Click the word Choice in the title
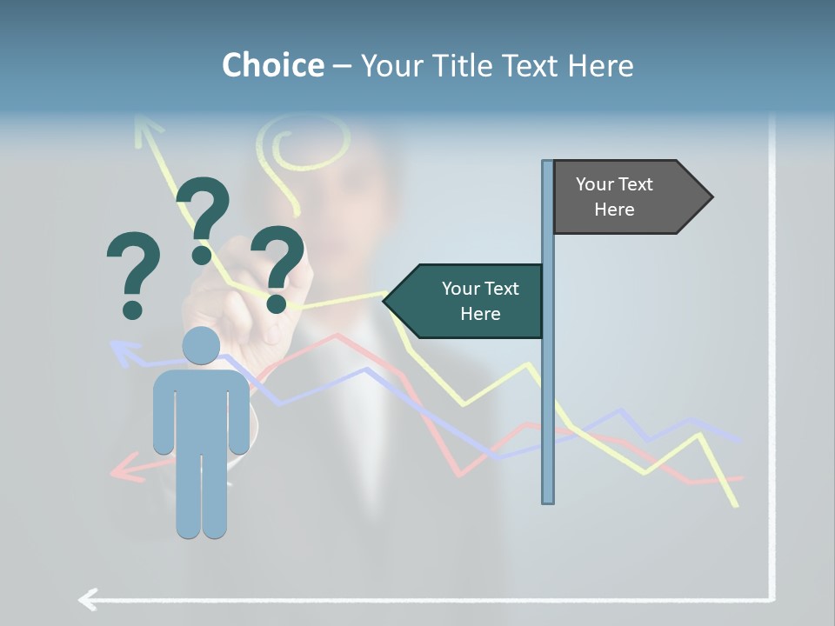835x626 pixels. pos(272,65)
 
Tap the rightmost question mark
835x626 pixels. pos(277,268)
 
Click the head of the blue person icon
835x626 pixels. pos(201,345)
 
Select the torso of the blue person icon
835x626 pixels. pos(201,409)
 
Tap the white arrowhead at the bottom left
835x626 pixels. pos(88,599)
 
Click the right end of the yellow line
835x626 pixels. pos(737,504)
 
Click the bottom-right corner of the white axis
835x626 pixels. pos(771,598)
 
